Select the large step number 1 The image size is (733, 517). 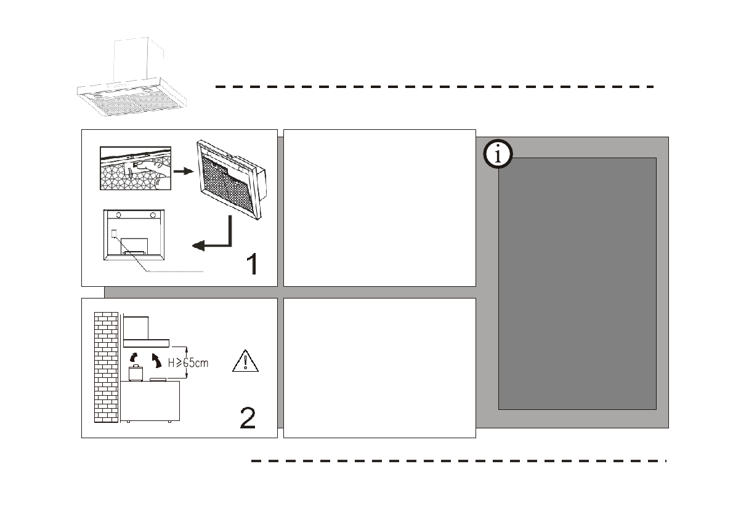pos(251,264)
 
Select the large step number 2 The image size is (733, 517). pos(247,418)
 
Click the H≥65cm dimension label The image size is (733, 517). pos(188,363)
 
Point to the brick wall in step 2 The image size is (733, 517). pos(105,367)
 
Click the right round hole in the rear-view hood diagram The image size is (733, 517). pos(152,215)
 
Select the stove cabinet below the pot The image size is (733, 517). pos(150,401)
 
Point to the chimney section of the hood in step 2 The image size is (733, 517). pos(136,327)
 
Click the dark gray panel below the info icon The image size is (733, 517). pos(577,283)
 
